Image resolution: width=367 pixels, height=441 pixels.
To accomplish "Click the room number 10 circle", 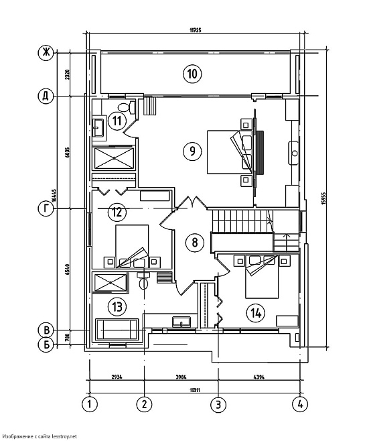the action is tap(192, 74).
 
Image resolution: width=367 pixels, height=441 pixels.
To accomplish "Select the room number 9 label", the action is tap(192, 151).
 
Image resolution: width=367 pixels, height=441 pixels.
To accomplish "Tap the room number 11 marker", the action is tap(117, 121).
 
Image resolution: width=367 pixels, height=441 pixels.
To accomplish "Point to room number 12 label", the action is tap(117, 212).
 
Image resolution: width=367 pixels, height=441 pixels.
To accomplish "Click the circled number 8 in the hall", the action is tap(195, 242).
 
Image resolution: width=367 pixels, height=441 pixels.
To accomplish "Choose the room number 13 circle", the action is tap(117, 306).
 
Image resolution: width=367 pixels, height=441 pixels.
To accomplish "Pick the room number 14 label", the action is tap(256, 313).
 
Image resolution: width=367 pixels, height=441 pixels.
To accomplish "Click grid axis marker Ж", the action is tap(46, 52).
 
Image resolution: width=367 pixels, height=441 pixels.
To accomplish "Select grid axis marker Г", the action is tap(46, 208).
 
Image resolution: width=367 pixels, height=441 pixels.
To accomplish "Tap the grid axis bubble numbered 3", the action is tap(218, 404).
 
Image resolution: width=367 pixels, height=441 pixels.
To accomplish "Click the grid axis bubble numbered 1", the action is tap(90, 404).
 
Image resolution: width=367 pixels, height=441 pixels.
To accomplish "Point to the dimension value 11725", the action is tap(196, 29).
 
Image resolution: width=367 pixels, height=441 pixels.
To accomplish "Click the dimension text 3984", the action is tap(181, 377).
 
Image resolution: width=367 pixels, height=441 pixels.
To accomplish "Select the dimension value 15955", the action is tap(323, 199).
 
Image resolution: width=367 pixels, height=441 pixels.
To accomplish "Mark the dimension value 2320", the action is tap(67, 74).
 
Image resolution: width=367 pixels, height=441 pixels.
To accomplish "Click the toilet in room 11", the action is tap(127, 107).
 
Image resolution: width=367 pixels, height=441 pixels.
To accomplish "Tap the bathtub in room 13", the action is tap(117, 330).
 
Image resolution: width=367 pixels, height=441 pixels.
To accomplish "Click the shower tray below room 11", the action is tap(114, 158).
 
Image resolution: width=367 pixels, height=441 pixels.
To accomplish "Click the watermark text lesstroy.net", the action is tap(64, 436).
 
